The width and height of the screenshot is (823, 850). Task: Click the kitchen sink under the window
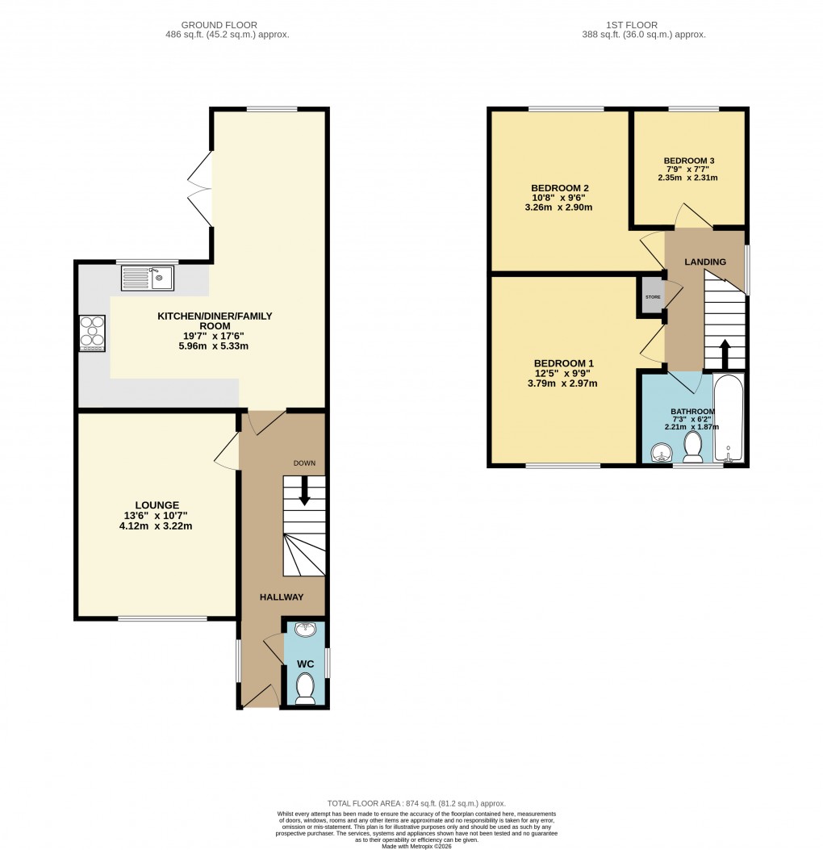coord(148,278)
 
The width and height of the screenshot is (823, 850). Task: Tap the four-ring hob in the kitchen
coord(91,333)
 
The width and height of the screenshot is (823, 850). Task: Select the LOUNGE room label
coord(158,505)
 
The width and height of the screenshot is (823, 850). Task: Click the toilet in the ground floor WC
coord(305,689)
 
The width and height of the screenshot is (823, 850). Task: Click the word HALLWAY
coord(282,597)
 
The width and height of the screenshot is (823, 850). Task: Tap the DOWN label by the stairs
coord(304,463)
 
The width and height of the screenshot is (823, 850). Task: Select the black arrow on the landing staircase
coord(724,352)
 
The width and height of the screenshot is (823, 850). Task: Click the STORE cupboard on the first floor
coord(652,297)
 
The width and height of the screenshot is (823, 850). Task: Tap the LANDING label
coord(705,262)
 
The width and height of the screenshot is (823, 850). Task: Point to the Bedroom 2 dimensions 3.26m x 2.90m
coord(558,207)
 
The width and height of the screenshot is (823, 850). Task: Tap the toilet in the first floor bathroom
coord(692,446)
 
